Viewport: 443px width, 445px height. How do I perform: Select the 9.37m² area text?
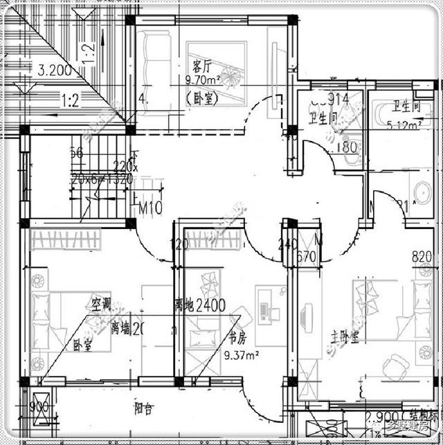[242, 356]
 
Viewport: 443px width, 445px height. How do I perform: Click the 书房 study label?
[237, 339]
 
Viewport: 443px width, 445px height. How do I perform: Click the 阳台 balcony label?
[143, 408]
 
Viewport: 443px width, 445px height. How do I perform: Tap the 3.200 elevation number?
[56, 70]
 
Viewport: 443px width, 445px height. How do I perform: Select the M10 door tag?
[151, 208]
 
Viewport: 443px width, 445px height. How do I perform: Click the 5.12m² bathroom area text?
[405, 125]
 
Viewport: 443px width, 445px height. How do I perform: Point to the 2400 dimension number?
[210, 306]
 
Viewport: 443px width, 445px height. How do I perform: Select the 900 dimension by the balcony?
[39, 406]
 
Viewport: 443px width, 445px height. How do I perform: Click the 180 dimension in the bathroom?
[347, 147]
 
